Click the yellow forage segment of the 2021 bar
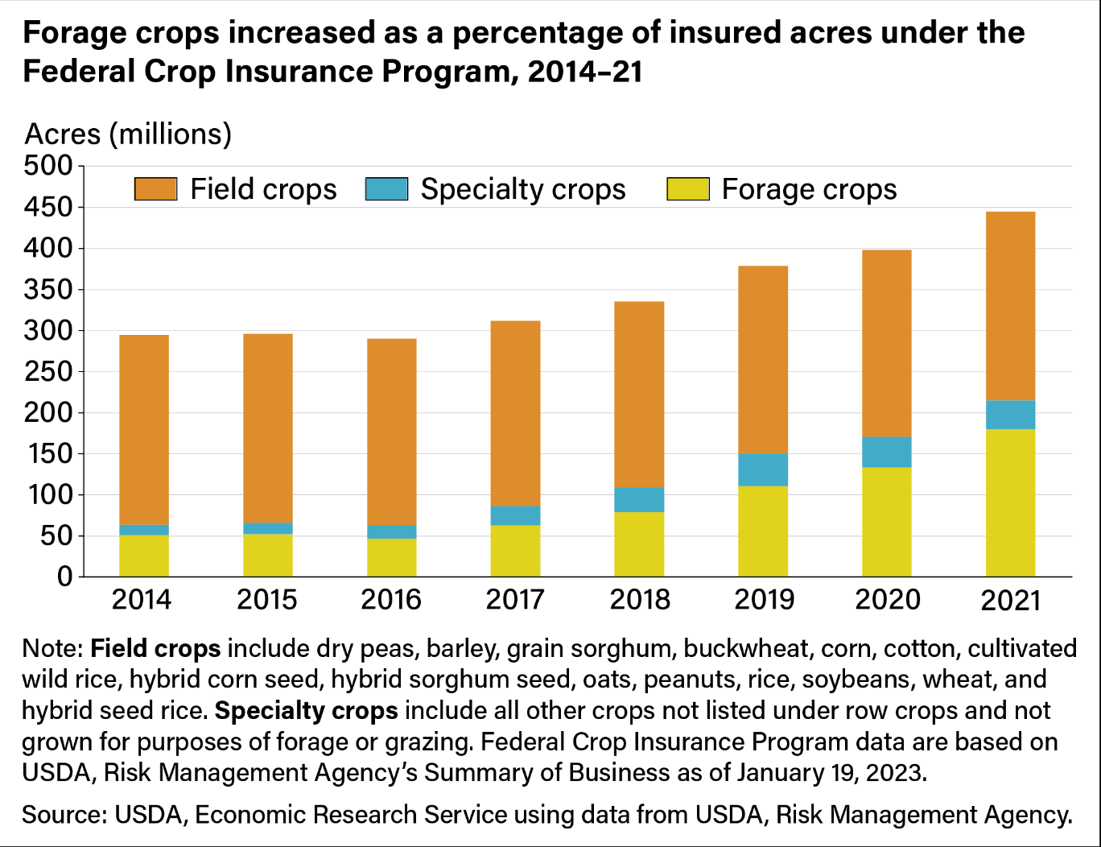1010,502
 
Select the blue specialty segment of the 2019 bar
762,469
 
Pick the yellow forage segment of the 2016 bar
391,557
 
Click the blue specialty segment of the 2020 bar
886,452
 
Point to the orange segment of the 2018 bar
639,395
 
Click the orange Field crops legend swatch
155,189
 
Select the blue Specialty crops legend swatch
386,189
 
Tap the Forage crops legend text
808,189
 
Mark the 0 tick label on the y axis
64,577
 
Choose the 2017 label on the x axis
515,600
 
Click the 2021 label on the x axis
1010,600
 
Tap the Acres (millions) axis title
128,134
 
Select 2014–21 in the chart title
585,72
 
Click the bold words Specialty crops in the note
307,711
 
